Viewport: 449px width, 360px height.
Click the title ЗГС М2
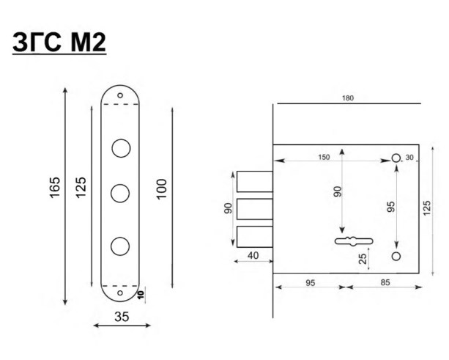[x=59, y=42]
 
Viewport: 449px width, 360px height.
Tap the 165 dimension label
[x=55, y=187]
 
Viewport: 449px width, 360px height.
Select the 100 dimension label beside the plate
[x=161, y=189]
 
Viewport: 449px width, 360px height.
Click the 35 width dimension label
[x=122, y=317]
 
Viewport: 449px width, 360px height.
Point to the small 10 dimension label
[x=141, y=295]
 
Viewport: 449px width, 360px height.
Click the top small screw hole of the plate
[x=120, y=95]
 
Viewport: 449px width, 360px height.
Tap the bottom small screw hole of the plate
[x=120, y=293]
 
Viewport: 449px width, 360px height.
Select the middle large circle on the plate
[x=120, y=193]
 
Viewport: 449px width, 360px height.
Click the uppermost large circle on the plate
[x=121, y=148]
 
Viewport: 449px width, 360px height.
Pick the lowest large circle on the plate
[x=120, y=246]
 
